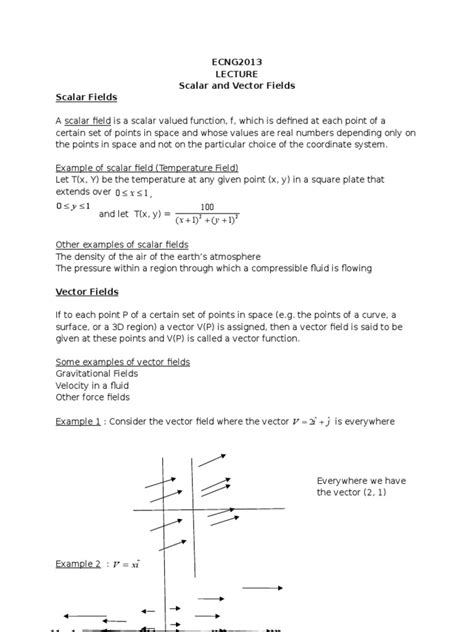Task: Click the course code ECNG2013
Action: click(x=236, y=62)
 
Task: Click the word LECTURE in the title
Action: click(x=236, y=74)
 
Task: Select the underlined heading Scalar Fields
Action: click(x=86, y=98)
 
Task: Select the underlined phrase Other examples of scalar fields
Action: click(x=120, y=243)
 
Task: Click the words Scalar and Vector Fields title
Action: click(x=236, y=86)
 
